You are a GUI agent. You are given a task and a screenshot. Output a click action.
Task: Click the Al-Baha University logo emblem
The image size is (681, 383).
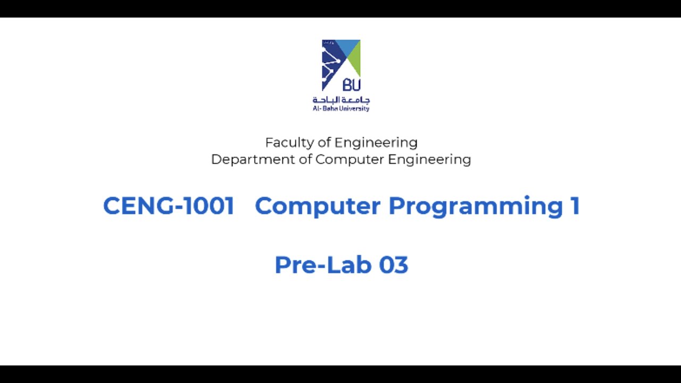341,65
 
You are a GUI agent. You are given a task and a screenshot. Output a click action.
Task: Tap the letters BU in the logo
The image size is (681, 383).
351,85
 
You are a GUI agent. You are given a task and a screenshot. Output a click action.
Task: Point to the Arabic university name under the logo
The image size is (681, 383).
341,99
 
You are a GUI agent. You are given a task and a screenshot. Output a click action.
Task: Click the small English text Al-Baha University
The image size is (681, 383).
341,109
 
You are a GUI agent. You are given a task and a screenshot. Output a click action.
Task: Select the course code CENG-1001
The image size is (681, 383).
169,206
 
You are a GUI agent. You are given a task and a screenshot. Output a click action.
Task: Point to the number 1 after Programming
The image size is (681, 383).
575,206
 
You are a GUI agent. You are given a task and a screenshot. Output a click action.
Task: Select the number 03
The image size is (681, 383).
394,265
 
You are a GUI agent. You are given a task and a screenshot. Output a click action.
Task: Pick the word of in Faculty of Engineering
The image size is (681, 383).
324,143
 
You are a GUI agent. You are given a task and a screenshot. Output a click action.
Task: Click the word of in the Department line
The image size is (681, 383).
305,160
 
